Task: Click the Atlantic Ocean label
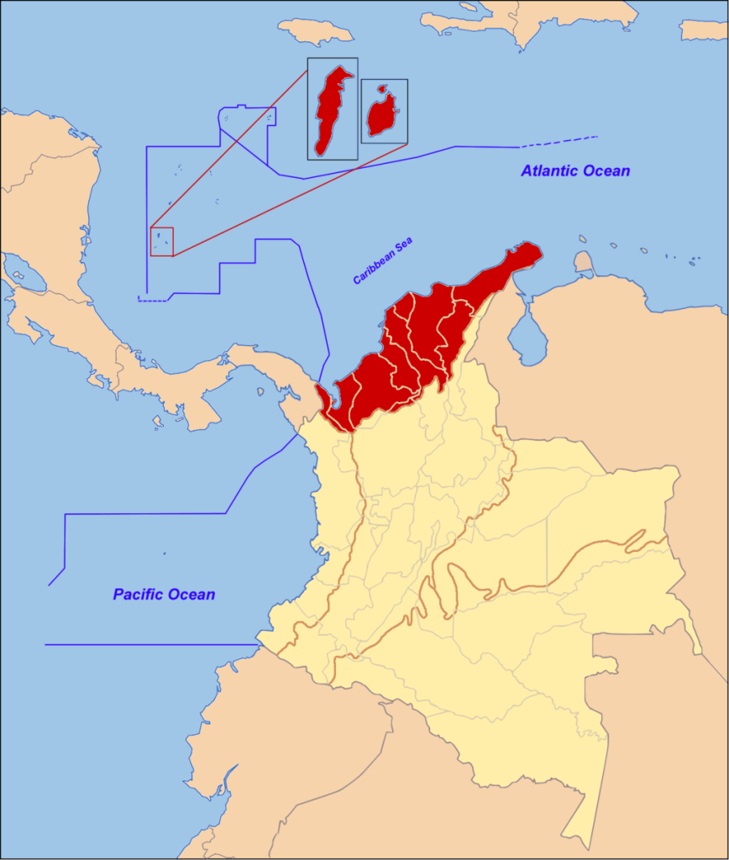pos(575,170)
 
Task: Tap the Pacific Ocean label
pos(164,595)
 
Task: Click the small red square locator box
pos(161,241)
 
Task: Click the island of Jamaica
pos(316,31)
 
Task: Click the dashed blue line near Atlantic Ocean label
pos(559,141)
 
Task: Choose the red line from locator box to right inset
pos(290,199)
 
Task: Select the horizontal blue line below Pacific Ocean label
pos(151,645)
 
